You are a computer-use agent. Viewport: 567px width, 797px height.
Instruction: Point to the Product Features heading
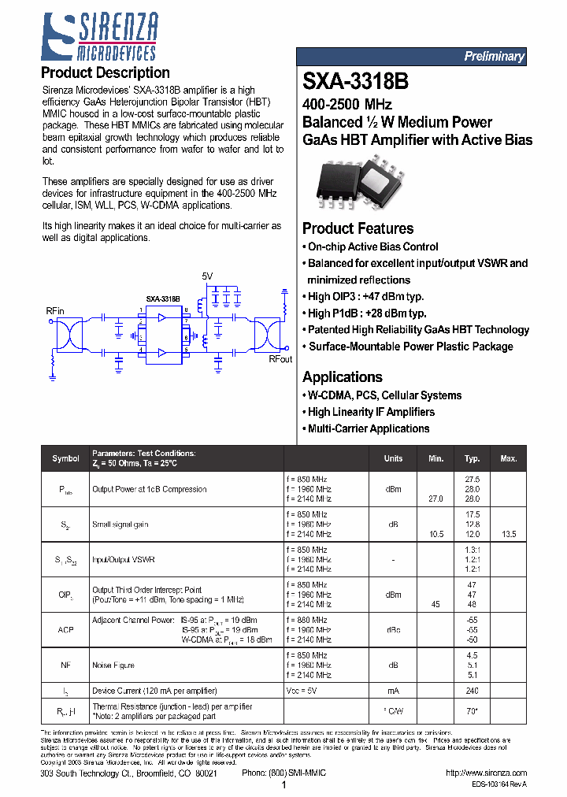[358, 228]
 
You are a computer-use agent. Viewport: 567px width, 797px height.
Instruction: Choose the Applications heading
[342, 376]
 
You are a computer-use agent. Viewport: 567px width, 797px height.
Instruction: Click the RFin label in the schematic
[55, 310]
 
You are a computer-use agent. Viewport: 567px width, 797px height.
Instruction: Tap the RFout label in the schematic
[280, 359]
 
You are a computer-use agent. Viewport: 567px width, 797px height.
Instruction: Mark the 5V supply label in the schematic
[207, 276]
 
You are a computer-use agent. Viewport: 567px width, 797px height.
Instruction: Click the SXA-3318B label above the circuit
[163, 299]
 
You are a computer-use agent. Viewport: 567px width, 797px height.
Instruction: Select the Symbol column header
[65, 458]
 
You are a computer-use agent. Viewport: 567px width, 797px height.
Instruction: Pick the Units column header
[393, 458]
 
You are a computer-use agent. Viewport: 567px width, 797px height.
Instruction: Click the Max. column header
[508, 458]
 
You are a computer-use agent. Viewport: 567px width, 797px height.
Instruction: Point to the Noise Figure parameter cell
[113, 665]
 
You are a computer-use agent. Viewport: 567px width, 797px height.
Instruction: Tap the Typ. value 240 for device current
[472, 691]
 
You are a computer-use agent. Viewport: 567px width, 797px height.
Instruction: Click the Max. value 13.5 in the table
[509, 535]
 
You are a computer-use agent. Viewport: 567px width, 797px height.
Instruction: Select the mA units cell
[393, 691]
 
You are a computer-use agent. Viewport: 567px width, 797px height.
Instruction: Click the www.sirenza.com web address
[486, 773]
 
